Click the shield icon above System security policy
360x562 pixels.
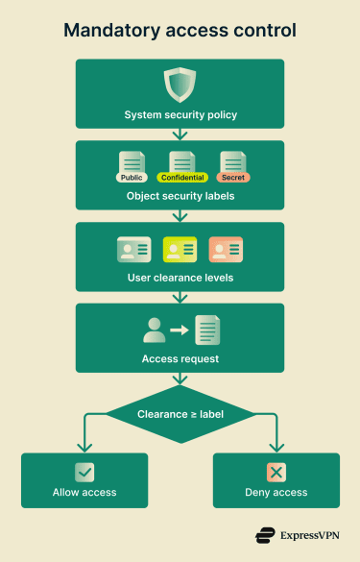(x=180, y=85)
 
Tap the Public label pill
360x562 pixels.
(x=131, y=177)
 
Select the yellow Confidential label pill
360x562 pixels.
(x=181, y=177)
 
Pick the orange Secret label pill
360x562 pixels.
(x=232, y=177)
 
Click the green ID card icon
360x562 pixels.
(x=133, y=250)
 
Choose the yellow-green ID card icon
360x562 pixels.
(x=180, y=250)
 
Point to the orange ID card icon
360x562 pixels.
(x=227, y=250)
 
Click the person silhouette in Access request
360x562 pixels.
(x=154, y=330)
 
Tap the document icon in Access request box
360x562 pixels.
(x=207, y=330)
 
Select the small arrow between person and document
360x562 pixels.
(x=180, y=330)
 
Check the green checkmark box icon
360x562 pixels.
(x=84, y=472)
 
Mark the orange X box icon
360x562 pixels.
(x=276, y=472)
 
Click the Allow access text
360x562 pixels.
(x=84, y=492)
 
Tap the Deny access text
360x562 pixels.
(x=276, y=492)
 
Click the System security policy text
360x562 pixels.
(x=180, y=115)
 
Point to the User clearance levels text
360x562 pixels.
(x=180, y=279)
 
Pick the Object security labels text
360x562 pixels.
(x=180, y=197)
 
